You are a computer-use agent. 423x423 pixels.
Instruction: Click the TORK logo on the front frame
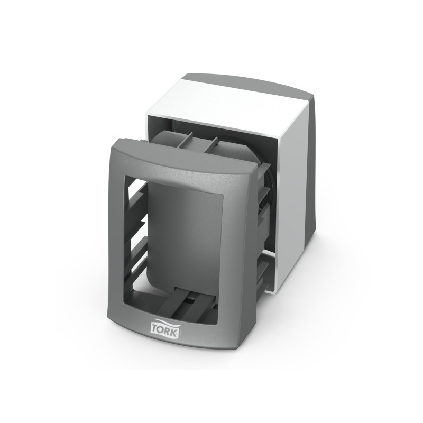(x=165, y=328)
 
